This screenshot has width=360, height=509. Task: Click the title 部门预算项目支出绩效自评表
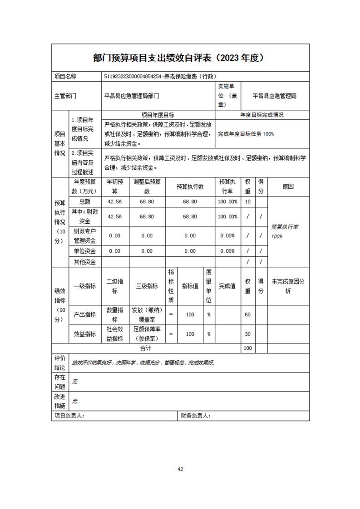click(152, 58)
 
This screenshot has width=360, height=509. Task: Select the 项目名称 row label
click(65, 77)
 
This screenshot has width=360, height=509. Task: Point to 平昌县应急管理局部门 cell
click(132, 96)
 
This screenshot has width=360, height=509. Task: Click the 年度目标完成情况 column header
click(262, 115)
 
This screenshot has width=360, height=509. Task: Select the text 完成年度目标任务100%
click(246, 134)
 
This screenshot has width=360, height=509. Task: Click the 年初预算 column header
click(115, 186)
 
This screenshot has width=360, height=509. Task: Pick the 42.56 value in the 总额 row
click(115, 201)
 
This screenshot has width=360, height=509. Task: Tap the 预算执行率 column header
click(227, 186)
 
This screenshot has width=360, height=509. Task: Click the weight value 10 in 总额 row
click(247, 201)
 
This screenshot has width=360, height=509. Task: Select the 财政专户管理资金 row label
click(85, 236)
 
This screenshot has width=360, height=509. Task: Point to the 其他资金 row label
click(85, 261)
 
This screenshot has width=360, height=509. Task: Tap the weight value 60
click(247, 314)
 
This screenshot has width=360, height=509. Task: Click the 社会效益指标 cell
click(115, 334)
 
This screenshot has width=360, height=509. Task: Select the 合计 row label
click(145, 348)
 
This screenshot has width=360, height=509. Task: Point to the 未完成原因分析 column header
click(288, 286)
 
